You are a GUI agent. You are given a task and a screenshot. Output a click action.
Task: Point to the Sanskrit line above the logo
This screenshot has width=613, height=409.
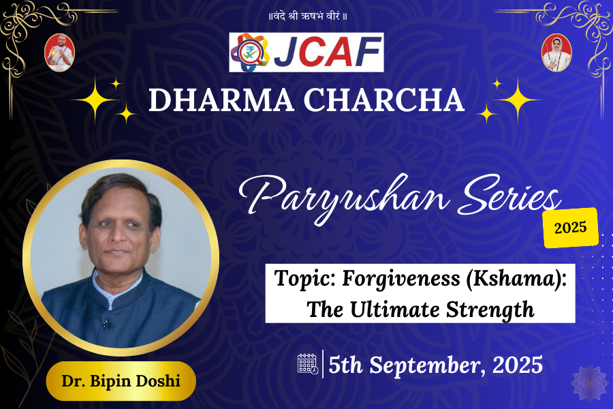tap(306, 16)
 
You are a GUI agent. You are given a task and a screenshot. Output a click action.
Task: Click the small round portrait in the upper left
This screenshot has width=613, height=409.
tap(59, 52)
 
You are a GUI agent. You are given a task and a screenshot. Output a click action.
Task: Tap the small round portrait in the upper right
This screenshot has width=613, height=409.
tap(556, 52)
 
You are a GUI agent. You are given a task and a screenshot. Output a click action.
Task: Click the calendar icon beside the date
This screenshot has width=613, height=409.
tap(308, 364)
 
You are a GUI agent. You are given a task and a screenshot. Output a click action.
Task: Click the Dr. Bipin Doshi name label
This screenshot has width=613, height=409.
tap(121, 380)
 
